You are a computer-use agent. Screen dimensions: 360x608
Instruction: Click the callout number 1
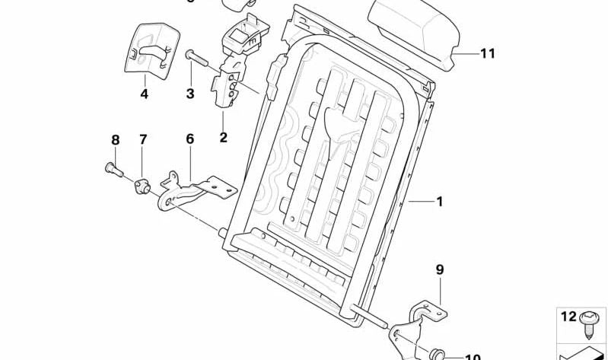point(438,202)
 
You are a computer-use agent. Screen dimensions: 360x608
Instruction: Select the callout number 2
point(223,138)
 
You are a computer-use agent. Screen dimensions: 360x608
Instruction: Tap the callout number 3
point(190,94)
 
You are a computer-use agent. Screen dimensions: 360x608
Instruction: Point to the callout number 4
point(144,94)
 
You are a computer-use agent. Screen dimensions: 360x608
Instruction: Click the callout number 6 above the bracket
point(189,139)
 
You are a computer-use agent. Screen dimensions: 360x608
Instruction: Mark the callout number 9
point(439,269)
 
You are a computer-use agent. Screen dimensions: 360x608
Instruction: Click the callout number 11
point(487,53)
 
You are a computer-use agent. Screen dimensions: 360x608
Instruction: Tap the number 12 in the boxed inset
point(568,317)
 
